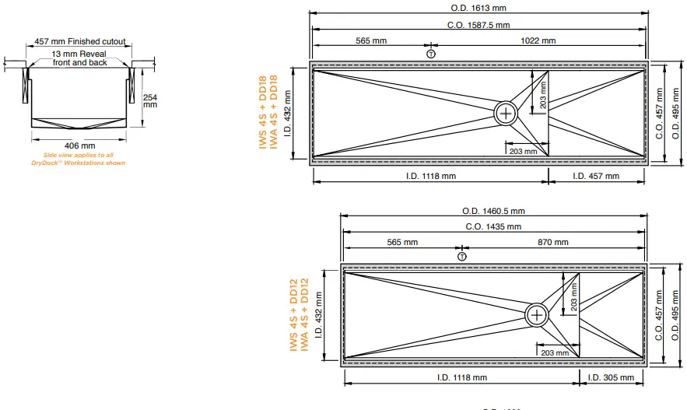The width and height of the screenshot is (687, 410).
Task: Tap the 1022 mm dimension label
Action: click(538, 40)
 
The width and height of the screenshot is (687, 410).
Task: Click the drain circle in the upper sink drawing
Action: click(506, 113)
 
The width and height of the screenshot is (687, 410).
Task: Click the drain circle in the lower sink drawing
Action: click(537, 315)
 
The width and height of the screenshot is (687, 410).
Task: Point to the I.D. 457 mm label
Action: click(596, 176)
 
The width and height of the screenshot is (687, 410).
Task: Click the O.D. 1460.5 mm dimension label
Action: click(493, 210)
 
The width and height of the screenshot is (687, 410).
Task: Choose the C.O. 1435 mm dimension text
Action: click(493, 226)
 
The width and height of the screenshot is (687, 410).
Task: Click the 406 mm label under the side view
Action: click(79, 145)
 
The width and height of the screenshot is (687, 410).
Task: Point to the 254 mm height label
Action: click(150, 100)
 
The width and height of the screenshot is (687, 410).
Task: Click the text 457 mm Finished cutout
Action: click(79, 42)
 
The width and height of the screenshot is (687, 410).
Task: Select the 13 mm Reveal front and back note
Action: click(79, 58)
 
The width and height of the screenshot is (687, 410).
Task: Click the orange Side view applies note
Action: click(79, 159)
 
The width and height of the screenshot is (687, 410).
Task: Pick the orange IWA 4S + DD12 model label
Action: click(304, 315)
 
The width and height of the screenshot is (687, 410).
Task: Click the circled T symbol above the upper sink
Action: click(431, 54)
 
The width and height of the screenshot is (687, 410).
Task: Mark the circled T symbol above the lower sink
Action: click(462, 256)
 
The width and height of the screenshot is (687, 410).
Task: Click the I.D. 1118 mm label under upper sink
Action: click(430, 176)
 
